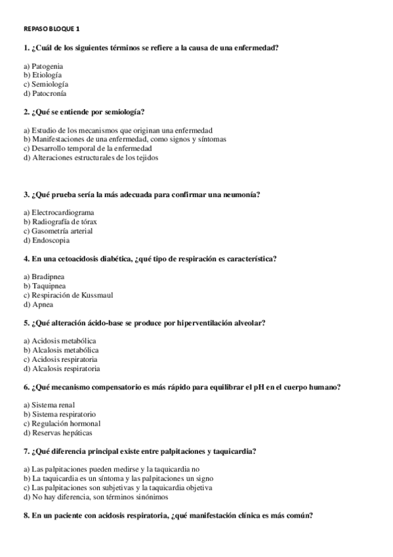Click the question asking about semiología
[83, 112]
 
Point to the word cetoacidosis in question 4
[78, 259]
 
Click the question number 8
[26, 516]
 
